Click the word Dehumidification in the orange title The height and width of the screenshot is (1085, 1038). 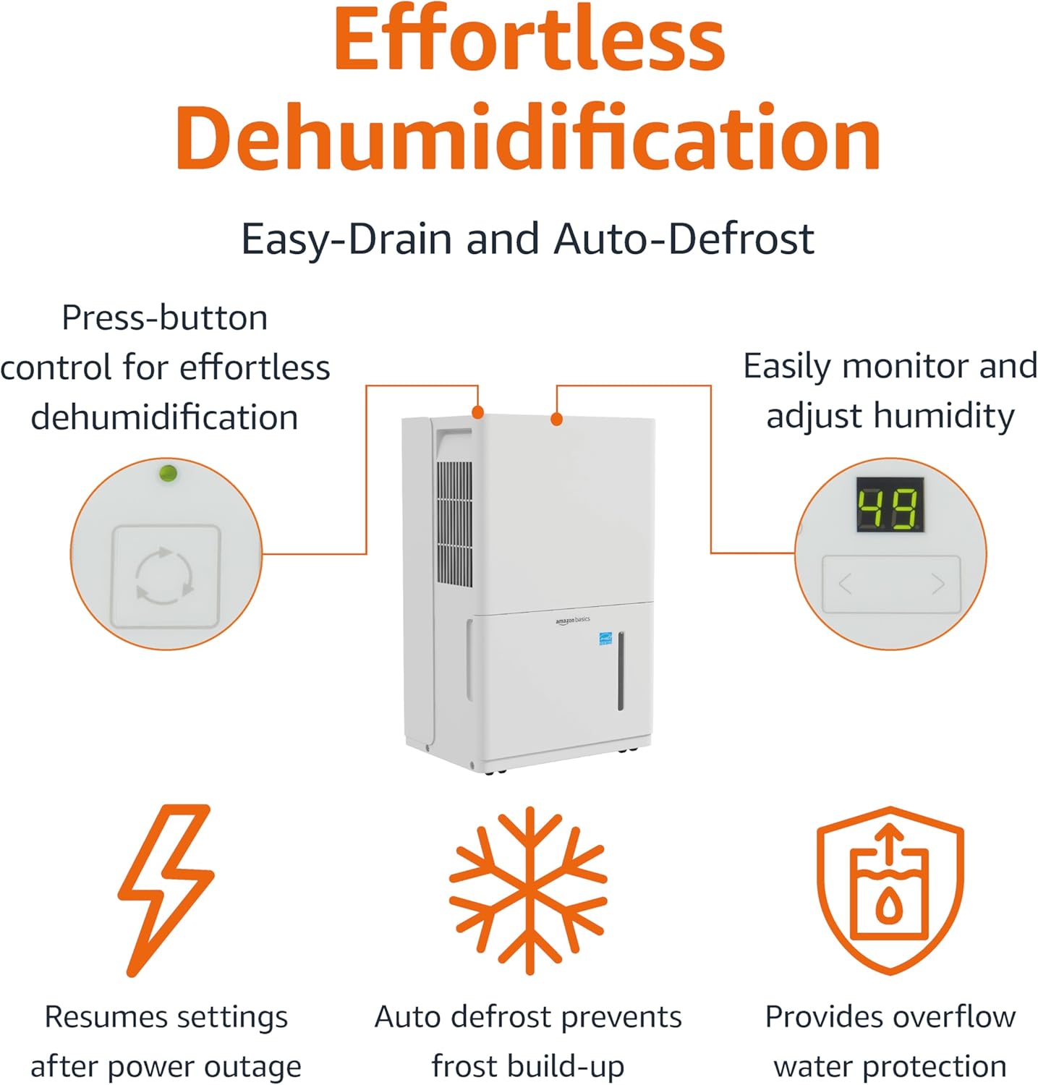pos(527,137)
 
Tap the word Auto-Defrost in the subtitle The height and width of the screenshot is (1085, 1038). pos(684,239)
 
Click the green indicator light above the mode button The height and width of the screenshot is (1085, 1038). pos(168,474)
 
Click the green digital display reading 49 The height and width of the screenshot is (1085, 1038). pos(890,505)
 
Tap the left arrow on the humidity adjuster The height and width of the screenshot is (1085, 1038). pos(845,583)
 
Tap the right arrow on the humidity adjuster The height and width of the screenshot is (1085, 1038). pos(938,583)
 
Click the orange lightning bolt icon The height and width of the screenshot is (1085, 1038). pos(166,890)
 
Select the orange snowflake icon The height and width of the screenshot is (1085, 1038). pos(529,890)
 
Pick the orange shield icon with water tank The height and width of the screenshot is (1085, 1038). pos(890,890)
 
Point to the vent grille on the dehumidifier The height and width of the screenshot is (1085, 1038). pos(454,524)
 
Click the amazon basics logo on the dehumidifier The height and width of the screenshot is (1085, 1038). pos(572,621)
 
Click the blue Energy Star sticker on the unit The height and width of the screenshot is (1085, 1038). pos(605,639)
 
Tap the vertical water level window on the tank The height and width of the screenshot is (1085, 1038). pos(621,671)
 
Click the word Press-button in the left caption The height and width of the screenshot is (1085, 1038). pos(165,318)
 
